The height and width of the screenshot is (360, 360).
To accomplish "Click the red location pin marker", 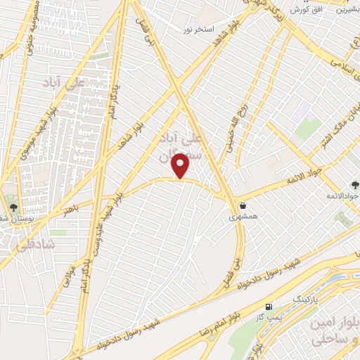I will [x=182, y=166].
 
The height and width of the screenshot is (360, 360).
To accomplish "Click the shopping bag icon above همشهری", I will [x=243, y=206].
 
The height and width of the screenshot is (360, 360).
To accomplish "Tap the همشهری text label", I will [x=243, y=218].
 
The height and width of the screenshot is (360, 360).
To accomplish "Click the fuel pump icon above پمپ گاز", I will [x=269, y=307].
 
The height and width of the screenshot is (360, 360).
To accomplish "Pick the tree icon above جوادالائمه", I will [x=354, y=184].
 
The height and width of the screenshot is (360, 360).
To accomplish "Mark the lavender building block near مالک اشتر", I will [x=302, y=111].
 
